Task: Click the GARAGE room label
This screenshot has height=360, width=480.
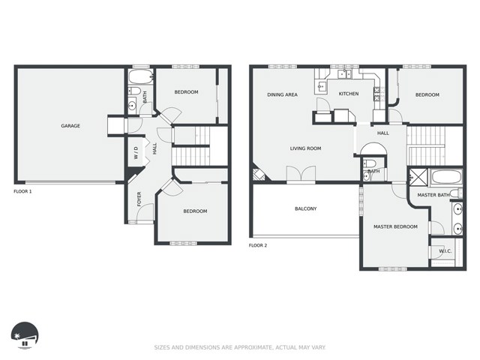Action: [x=70, y=126]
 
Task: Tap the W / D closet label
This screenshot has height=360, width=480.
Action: [x=136, y=152]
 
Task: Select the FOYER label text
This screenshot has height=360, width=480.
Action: [x=139, y=199]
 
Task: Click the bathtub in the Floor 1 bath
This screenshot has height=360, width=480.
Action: [x=140, y=76]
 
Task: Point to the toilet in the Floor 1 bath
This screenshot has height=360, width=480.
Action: [x=134, y=91]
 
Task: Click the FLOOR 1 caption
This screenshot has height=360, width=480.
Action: [x=22, y=192]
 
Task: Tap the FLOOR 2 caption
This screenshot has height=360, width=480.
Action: [x=258, y=245]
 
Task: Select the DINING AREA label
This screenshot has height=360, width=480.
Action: [x=282, y=95]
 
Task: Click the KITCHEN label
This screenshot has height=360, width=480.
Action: [x=349, y=94]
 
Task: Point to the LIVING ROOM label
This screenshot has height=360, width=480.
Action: [x=305, y=148]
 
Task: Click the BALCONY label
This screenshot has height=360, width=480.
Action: [x=305, y=208]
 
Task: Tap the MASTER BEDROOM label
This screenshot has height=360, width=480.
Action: [x=395, y=226]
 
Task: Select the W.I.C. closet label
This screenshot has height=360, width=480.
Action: [x=445, y=251]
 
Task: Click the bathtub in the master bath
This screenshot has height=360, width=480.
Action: [x=447, y=177]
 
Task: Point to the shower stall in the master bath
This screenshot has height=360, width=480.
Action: [x=418, y=177]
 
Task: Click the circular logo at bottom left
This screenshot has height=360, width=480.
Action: [x=25, y=335]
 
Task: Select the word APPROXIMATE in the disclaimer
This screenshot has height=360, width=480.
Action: [x=253, y=347]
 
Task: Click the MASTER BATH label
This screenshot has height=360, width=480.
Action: [x=433, y=195]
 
